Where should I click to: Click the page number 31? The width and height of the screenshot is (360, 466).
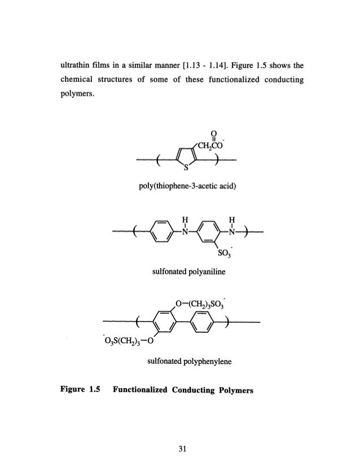pos(179,449)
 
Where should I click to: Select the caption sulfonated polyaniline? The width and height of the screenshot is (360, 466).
pos(180,274)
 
